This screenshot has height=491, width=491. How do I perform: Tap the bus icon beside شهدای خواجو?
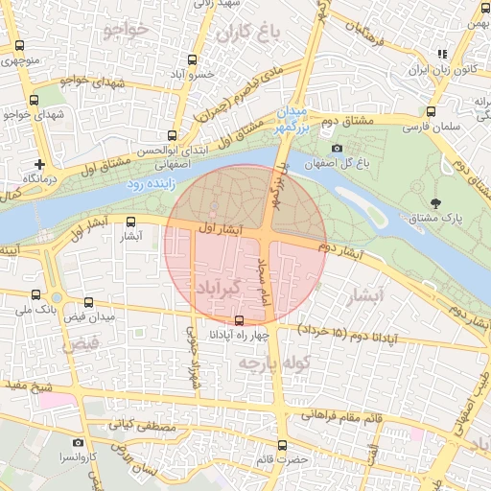35,99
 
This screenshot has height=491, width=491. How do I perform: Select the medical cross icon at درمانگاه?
38,164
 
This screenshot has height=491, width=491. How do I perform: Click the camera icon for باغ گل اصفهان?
337,148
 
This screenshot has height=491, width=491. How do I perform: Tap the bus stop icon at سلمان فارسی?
432,111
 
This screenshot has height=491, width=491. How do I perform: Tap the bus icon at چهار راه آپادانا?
239,320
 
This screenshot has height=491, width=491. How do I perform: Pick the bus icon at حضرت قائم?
282,445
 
